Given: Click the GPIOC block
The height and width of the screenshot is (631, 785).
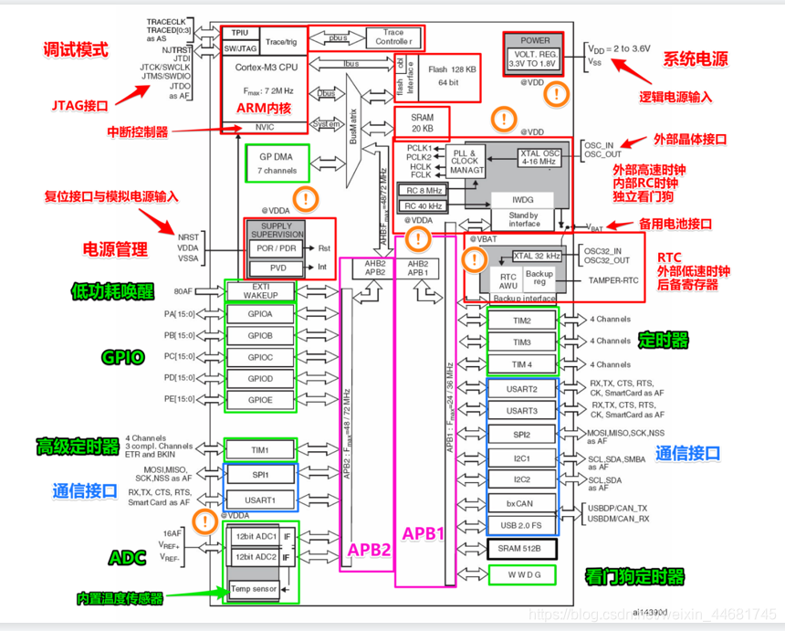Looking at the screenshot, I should click(260, 357).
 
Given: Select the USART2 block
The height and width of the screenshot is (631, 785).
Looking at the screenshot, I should click(521, 389).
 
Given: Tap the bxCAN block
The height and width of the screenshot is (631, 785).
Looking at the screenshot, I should click(521, 503).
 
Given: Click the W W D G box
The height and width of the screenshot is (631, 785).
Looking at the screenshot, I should click(521, 574).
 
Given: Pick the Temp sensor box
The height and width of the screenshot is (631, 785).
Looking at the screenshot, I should click(253, 589).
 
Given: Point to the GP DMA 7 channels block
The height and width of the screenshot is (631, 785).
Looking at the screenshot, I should click(272, 163).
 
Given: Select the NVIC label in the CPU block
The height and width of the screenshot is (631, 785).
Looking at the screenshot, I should click(264, 127).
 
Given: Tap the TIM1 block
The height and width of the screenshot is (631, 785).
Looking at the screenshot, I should click(260, 450).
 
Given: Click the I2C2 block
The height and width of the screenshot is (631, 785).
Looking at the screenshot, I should click(521, 479).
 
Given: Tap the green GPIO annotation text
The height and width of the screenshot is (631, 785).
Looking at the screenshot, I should click(122, 357).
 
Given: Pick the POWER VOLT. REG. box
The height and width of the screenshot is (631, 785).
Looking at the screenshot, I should click(536, 53).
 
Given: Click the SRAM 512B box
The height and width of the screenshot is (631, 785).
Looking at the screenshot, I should click(521, 548).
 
